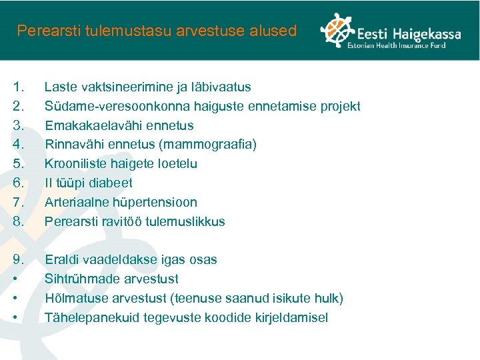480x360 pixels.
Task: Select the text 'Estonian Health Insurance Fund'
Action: [405, 45]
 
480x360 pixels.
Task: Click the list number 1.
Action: [19, 87]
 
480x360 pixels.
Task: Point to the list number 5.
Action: [19, 163]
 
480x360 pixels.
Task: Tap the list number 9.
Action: [19, 259]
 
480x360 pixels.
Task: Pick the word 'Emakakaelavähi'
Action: [87, 125]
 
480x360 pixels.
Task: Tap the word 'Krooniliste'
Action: [75, 163]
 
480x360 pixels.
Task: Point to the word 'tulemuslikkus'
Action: [184, 221]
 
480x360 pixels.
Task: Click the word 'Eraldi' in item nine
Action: [61, 259]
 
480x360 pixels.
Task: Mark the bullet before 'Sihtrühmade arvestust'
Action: [15, 279]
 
